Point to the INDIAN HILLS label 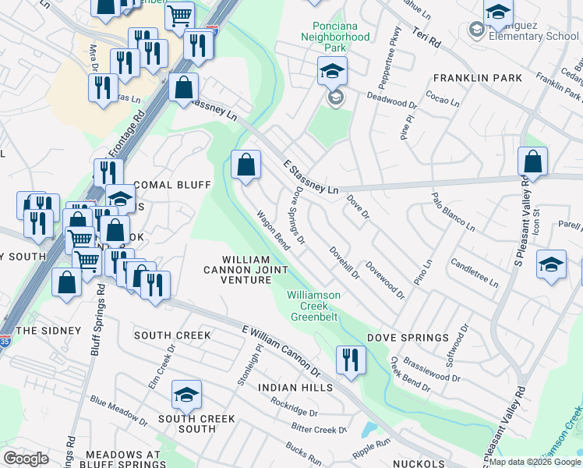coord(295,388)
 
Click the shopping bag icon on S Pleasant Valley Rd coord(533,161)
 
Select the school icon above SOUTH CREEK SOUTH coord(186,395)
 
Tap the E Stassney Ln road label coord(310,178)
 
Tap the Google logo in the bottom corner coord(26,458)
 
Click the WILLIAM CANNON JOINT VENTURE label coord(246,269)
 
